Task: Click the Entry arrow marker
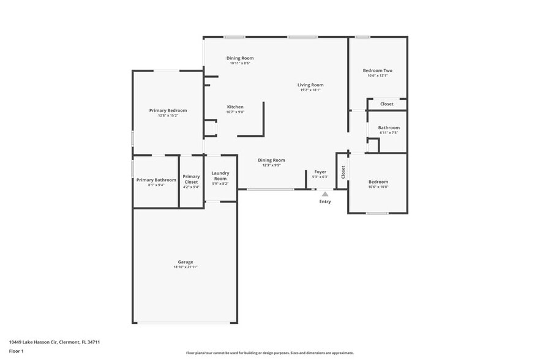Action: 325,194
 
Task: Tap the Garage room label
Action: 186,262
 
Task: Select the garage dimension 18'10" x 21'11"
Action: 186,268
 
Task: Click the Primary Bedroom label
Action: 168,111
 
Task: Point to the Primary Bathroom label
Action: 156,180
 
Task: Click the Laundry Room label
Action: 220,176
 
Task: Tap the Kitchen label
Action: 235,107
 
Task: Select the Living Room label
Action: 310,85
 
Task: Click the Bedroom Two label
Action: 378,70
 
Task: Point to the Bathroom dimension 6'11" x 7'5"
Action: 389,133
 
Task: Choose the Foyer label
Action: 321,172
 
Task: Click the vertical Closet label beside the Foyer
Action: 343,172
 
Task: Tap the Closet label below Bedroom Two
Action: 387,104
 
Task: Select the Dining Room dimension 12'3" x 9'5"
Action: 271,165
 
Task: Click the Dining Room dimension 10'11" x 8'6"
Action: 240,63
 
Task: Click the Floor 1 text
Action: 16,351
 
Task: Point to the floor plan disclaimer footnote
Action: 270,353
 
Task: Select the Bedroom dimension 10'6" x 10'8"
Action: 378,187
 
